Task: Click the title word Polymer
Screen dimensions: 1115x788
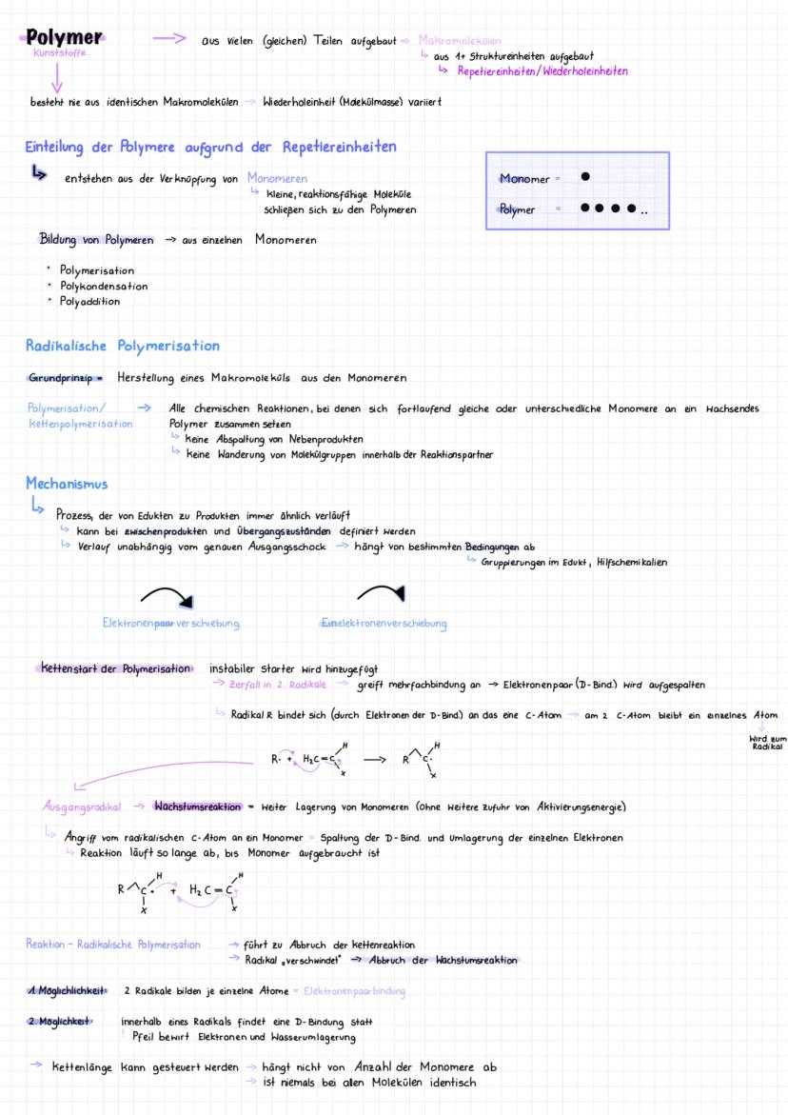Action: pyautogui.click(x=65, y=38)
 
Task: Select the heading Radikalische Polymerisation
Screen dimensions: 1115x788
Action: pyautogui.click(x=122, y=346)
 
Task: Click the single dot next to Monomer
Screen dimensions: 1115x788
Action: pyautogui.click(x=585, y=177)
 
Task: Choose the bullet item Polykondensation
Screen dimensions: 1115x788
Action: pyautogui.click(x=103, y=286)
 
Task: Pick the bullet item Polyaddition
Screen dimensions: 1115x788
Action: pyautogui.click(x=89, y=301)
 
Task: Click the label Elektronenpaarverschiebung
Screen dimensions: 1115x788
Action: pyautogui.click(x=170, y=624)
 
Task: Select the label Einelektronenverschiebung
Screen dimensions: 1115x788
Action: pyautogui.click(x=384, y=624)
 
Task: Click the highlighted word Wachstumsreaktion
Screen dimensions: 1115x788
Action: pyautogui.click(x=197, y=807)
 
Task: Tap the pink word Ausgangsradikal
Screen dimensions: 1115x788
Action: pyautogui.click(x=81, y=807)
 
